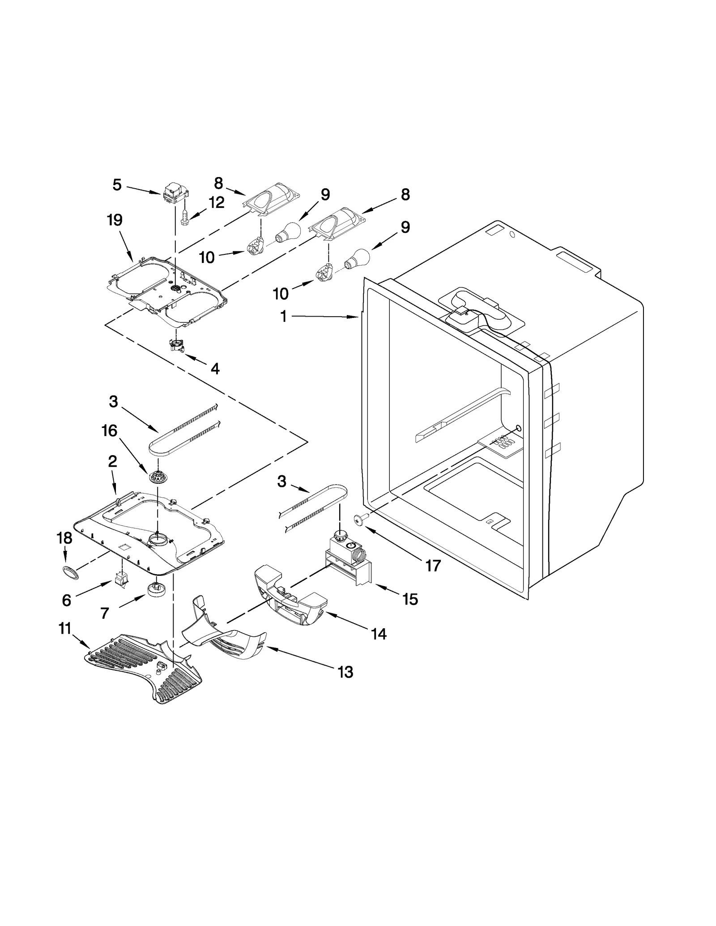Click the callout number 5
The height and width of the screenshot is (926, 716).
(x=117, y=185)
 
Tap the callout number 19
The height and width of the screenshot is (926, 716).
(x=115, y=220)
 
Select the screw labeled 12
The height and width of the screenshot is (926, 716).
(x=184, y=219)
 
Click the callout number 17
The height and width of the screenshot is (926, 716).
(x=433, y=566)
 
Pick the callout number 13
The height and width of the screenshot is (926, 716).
(x=345, y=672)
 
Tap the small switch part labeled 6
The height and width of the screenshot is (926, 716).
(x=121, y=579)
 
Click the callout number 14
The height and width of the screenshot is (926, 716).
(x=379, y=634)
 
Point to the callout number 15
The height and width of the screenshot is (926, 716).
(x=410, y=599)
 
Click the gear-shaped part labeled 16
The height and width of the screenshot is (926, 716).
(x=157, y=477)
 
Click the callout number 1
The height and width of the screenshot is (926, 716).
(x=283, y=317)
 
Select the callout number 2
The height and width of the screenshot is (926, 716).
(x=112, y=461)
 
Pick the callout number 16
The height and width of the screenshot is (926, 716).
(x=109, y=431)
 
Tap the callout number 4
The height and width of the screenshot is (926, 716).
(x=215, y=369)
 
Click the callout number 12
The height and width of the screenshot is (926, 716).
(x=216, y=203)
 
